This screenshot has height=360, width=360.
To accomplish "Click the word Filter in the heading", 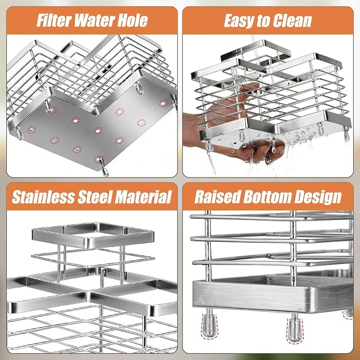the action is (x=54, y=21).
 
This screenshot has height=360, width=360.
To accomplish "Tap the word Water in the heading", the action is (x=94, y=21).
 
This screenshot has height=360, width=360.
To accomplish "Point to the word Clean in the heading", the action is (x=293, y=21).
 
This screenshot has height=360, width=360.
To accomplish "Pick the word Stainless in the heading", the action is (x=43, y=197).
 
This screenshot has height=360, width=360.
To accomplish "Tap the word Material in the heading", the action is (x=143, y=197).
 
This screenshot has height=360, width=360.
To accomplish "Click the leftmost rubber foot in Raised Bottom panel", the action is (x=209, y=326).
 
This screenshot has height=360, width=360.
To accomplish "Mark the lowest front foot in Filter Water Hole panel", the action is (x=103, y=168).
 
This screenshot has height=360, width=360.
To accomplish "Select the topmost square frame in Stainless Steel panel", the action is (x=93, y=235).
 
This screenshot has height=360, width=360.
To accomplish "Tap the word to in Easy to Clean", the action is (x=264, y=21).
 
